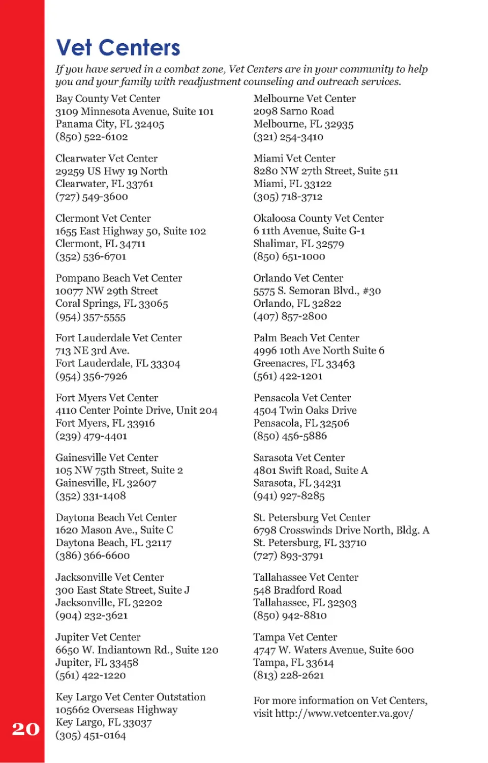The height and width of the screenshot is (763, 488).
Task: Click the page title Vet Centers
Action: pos(118,48)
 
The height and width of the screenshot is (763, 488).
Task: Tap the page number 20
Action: pos(25,729)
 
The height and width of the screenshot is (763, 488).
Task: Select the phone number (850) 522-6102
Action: pos(91,137)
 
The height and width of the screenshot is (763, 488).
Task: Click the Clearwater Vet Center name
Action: pos(106,159)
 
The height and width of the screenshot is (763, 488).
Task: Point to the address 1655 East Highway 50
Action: pos(131,231)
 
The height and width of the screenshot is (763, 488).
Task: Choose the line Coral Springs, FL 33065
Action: pos(112,304)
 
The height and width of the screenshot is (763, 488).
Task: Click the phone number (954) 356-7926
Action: pos(91,376)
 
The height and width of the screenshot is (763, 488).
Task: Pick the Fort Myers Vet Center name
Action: pos(107,398)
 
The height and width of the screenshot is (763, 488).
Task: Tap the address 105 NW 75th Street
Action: pos(119,471)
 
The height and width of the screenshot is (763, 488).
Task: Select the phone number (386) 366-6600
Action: pos(93,555)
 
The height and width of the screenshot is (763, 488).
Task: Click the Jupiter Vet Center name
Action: pos(98,637)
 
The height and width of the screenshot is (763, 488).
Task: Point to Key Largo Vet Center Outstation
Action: pos(131,697)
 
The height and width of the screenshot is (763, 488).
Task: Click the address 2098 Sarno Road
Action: pos(294,111)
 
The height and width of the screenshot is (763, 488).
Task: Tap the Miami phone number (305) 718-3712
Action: pos(288,197)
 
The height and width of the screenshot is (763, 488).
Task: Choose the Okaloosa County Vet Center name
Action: pos(318,218)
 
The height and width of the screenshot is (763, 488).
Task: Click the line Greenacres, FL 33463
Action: pos(304,363)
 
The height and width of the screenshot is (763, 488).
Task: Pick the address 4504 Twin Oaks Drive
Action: pos(305,410)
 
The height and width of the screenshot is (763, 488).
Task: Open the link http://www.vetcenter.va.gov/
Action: pos(344,713)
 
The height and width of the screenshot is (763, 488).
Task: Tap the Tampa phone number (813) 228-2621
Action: pos(288,676)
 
